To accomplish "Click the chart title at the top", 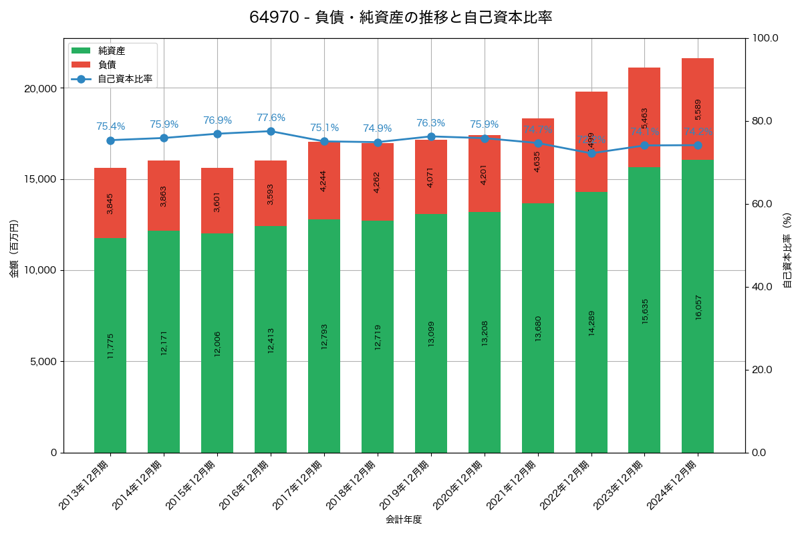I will click(x=400, y=17).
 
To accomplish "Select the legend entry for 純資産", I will click(x=111, y=51).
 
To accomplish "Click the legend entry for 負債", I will click(x=107, y=65).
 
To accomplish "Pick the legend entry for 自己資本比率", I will click(x=124, y=79).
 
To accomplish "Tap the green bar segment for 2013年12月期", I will click(x=110, y=345).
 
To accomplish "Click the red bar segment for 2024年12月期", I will click(x=698, y=109).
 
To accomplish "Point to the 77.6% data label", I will click(x=271, y=118).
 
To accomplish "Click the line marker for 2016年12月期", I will click(x=271, y=131).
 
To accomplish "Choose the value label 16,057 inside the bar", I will click(x=698, y=306).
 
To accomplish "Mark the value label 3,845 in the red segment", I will click(x=110, y=203).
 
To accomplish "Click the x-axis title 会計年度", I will click(x=404, y=520).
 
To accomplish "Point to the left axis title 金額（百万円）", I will click(x=13, y=249).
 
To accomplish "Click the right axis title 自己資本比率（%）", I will click(x=787, y=250).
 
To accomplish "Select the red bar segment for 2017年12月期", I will click(x=324, y=181).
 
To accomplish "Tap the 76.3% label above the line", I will click(x=430, y=123).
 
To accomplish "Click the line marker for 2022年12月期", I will click(x=591, y=153).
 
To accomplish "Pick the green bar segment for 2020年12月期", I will click(x=485, y=332).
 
